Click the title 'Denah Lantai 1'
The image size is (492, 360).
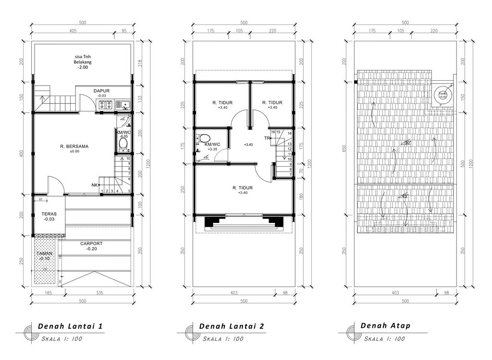pyautogui.click(x=70, y=326)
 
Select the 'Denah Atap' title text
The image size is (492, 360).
pyautogui.click(x=385, y=326)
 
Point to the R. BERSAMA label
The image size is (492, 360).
pyautogui.click(x=74, y=146)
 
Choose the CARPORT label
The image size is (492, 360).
pyautogui.click(x=91, y=244)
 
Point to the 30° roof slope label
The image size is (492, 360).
pyautogui.click(x=407, y=143)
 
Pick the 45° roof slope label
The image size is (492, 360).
pyautogui.click(x=405, y=196)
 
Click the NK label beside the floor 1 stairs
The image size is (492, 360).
pyautogui.click(x=95, y=185)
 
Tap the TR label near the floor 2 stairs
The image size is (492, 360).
pyautogui.click(x=266, y=138)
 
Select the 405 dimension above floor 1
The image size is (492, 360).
pyautogui.click(x=73, y=30)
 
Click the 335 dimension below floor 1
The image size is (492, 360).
pyautogui.click(x=99, y=292)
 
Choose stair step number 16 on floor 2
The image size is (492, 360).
pyautogui.click(x=273, y=132)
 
